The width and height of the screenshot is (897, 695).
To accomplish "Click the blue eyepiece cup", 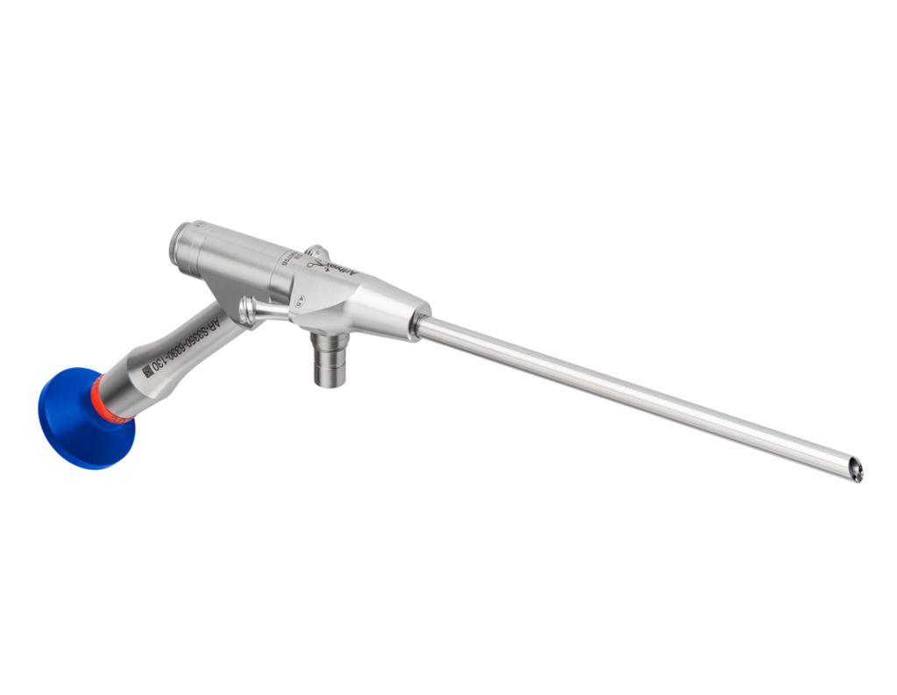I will click(x=74, y=419).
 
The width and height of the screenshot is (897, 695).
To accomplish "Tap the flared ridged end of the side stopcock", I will click(x=247, y=309).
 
